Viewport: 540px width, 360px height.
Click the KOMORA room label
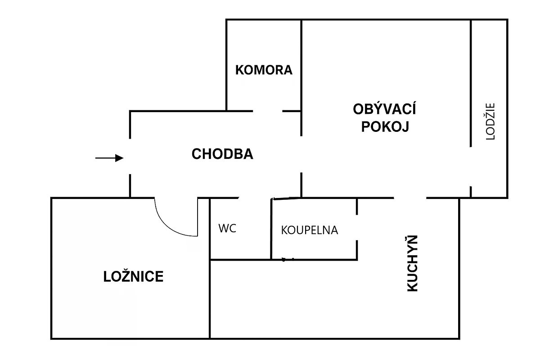pos(264,70)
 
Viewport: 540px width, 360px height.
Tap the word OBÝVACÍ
pos(384,109)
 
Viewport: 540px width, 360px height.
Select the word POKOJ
pos(385,127)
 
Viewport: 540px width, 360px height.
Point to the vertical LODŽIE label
pos(490,122)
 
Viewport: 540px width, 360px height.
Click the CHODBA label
pos(222,154)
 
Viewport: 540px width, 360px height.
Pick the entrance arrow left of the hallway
pos(109,158)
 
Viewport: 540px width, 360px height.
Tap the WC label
pos(227,228)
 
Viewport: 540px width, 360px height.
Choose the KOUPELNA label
pos(309,230)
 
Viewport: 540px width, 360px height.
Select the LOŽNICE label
pos(133,276)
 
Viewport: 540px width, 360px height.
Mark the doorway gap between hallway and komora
pos(268,111)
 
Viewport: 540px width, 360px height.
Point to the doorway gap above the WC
pos(255,198)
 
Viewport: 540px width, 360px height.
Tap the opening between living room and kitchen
pos(410,198)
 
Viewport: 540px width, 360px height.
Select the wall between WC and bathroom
pos(271,229)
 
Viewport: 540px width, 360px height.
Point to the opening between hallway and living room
pos(301,154)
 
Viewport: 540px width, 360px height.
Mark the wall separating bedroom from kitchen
pos(210,299)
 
